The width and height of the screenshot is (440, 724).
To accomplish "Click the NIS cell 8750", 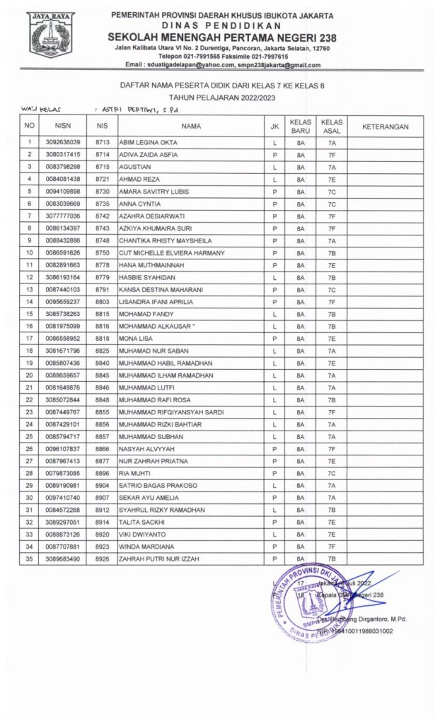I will tap(103, 252).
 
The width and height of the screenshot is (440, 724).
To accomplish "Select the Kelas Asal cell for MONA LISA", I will tap(331, 339).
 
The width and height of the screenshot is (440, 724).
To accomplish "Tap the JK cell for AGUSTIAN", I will tap(273, 167).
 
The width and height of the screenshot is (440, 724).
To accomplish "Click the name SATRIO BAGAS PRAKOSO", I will tap(158, 486).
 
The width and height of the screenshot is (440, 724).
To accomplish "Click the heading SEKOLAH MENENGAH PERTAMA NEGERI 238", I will tap(222, 37).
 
